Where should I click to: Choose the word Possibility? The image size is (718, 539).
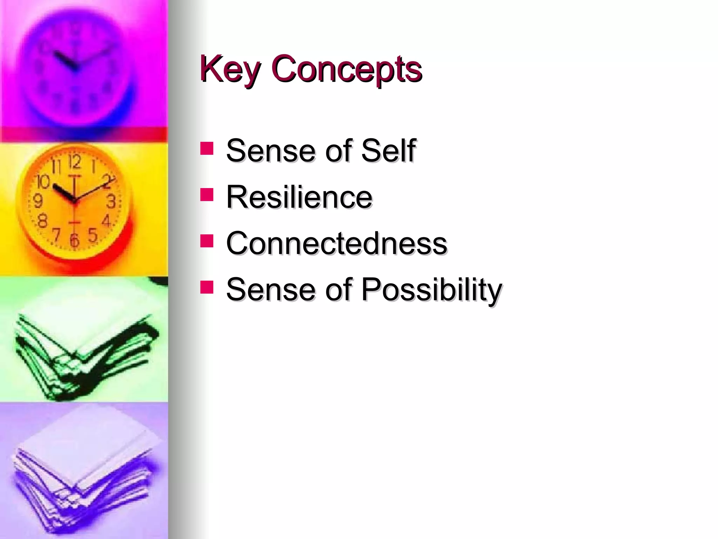coord(432,290)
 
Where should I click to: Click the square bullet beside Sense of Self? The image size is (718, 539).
coord(207,148)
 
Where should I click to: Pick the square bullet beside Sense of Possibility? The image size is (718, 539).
coord(207,287)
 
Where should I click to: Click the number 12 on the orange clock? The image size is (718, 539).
coord(75,162)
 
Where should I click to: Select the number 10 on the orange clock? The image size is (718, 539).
coord(43,182)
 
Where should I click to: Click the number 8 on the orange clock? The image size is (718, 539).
coord(42,221)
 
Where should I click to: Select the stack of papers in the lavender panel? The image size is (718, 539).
coord(84,470)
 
